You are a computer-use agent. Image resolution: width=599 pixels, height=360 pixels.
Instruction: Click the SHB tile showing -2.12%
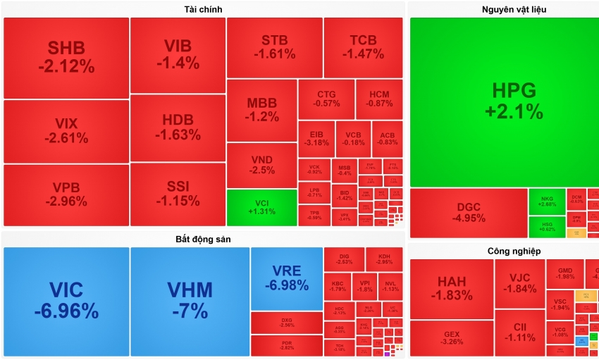66,58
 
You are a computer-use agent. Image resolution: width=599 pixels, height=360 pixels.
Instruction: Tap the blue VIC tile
66,301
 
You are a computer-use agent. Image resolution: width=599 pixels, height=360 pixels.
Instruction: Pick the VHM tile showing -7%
190,301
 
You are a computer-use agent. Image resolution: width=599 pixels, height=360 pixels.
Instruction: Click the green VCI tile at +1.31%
261,207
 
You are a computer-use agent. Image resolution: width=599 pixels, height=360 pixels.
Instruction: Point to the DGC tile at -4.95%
469,213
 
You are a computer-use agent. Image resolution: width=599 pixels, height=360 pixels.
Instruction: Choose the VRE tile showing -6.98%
286,278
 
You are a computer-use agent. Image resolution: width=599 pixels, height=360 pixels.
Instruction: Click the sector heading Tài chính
203,8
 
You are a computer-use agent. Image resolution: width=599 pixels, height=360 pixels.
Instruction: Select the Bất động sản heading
203,239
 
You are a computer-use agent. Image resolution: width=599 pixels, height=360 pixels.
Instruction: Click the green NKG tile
547,201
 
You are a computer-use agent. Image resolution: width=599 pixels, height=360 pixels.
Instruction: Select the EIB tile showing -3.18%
316,139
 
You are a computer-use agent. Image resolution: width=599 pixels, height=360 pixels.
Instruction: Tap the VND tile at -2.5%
261,165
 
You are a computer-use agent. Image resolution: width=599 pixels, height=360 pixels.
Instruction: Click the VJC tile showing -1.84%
519,283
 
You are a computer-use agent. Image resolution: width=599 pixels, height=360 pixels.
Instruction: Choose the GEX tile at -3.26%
451,338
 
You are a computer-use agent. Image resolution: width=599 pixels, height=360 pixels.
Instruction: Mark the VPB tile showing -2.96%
66,195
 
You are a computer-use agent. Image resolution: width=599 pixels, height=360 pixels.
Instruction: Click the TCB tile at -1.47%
363,47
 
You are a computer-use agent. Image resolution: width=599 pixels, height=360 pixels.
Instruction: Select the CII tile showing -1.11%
519,332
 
